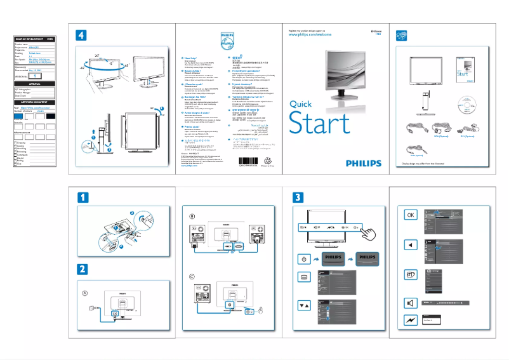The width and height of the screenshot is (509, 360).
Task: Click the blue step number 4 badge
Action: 81,34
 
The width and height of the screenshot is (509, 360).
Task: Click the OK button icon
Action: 410,215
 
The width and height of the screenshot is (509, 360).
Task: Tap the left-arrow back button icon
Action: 410,245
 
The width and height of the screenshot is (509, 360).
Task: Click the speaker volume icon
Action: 410,302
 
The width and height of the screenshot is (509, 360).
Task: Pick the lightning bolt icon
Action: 410,322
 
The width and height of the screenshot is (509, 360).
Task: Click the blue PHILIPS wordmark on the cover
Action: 354,163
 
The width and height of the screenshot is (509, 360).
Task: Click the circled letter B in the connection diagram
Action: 192,217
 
